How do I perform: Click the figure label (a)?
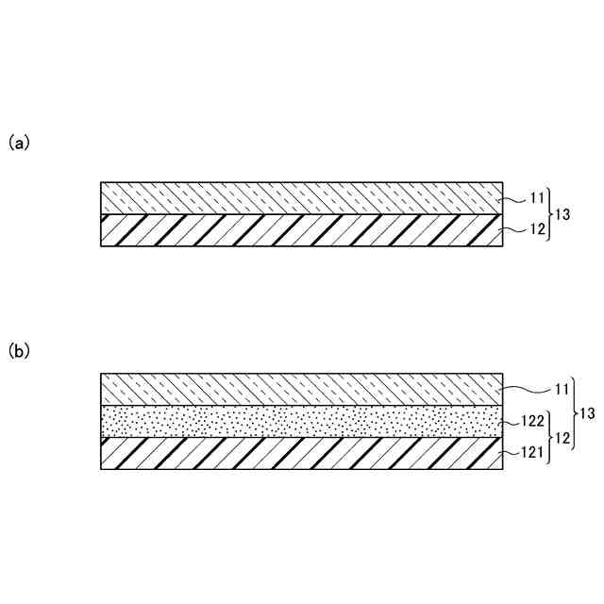[x=20, y=143]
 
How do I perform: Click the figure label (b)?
[x=20, y=351]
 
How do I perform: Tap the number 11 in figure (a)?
[x=537, y=199]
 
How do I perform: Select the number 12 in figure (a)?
[x=537, y=229]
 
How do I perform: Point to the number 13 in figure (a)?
[x=562, y=214]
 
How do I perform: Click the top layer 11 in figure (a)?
[x=302, y=197]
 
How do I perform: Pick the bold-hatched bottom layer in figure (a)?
[x=302, y=230]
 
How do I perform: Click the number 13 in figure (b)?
[x=588, y=413]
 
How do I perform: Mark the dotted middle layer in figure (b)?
[x=302, y=421]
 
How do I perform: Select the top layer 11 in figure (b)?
[x=302, y=389]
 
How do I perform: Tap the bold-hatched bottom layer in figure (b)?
[x=302, y=452]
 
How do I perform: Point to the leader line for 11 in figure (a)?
[x=512, y=199]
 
